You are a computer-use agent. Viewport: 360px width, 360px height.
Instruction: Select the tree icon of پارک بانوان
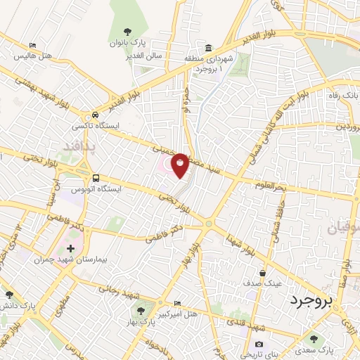(x=127, y=32)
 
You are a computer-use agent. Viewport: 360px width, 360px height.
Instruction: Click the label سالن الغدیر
(x=148, y=55)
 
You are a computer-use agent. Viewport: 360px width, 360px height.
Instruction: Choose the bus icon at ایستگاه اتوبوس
(x=95, y=179)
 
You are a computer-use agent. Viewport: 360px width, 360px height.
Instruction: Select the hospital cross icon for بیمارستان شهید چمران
(x=71, y=249)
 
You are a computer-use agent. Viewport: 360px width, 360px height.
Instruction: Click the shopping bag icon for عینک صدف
(x=262, y=273)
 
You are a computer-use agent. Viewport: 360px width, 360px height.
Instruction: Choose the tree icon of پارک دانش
(x=9, y=295)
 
